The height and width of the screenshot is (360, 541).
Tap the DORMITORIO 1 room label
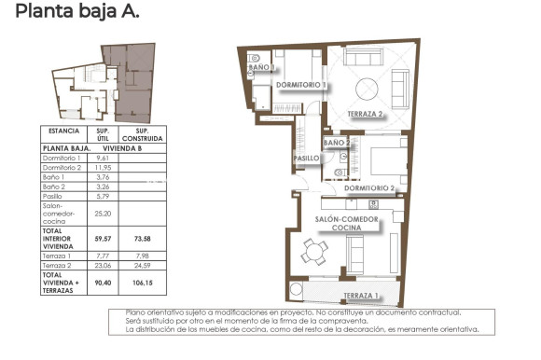pyautogui.click(x=301, y=85)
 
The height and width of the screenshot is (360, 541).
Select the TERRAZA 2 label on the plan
pyautogui.click(x=366, y=114)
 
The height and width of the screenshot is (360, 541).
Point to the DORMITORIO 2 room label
pyautogui.click(x=371, y=188)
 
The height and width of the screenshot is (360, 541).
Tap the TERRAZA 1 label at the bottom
pyautogui.click(x=361, y=297)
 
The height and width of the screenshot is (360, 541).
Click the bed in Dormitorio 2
pyautogui.click(x=382, y=162)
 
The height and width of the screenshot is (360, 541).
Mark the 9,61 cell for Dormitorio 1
pyautogui.click(x=104, y=159)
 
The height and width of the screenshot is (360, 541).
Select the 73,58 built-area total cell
pyautogui.click(x=143, y=238)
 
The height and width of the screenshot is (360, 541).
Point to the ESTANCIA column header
pyautogui.click(x=64, y=132)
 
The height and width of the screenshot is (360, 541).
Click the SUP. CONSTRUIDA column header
pyautogui.click(x=143, y=135)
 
